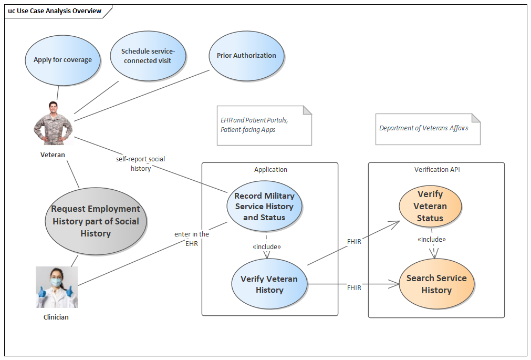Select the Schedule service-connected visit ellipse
coord(148,56)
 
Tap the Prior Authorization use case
coord(246,56)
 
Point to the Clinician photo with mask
coord(57,287)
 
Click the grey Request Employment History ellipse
coord(96,221)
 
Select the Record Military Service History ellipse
coord(264,206)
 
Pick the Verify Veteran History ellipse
coord(269,284)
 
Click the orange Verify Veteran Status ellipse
coord(430,206)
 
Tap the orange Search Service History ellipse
coord(436,284)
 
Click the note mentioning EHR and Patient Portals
coord(264,125)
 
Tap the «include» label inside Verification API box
coord(431,239)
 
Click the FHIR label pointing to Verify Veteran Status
coord(354,241)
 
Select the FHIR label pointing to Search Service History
coord(354,287)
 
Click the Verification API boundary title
coord(436,169)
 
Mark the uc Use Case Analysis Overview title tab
coord(55,11)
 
